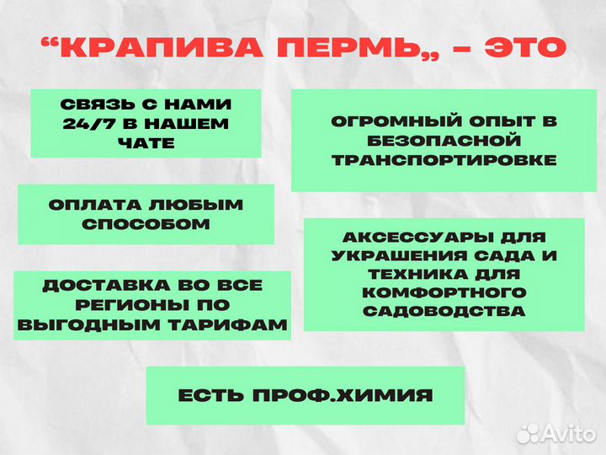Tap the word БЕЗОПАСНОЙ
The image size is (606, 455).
[444, 141]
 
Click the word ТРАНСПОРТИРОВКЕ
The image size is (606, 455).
[444, 159]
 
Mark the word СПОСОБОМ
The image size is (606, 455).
[146, 224]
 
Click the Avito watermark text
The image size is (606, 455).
[570, 433]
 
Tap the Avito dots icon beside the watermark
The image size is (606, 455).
[528, 433]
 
